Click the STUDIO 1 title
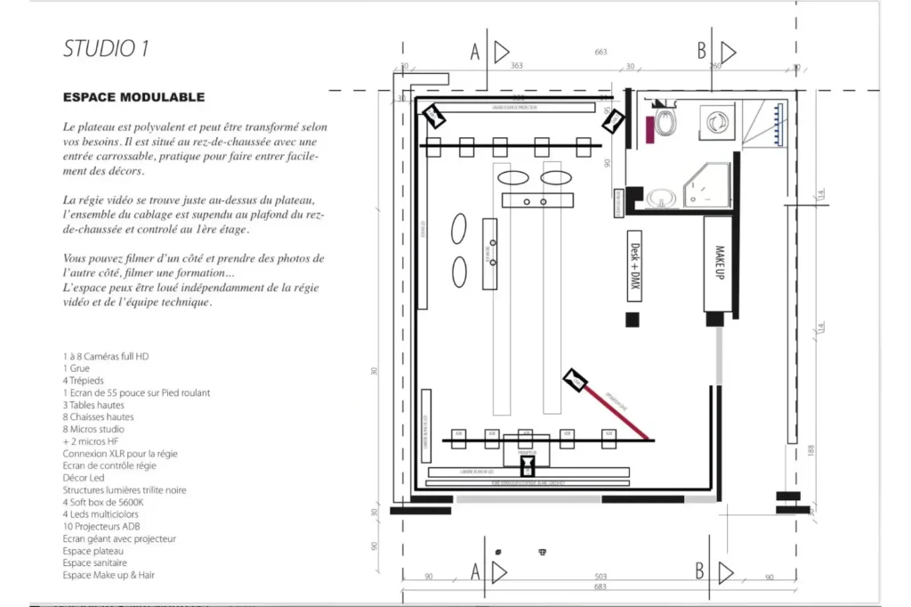tap(105, 49)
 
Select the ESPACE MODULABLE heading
tap(133, 97)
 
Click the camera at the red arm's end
tap(576, 381)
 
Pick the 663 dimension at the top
tap(601, 53)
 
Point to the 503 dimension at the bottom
tap(601, 578)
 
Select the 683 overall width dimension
tap(601, 588)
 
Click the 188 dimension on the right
tap(810, 451)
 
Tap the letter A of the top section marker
tap(474, 53)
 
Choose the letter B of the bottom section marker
tap(701, 570)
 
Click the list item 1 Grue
tap(76, 368)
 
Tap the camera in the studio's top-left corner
tap(433, 114)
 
